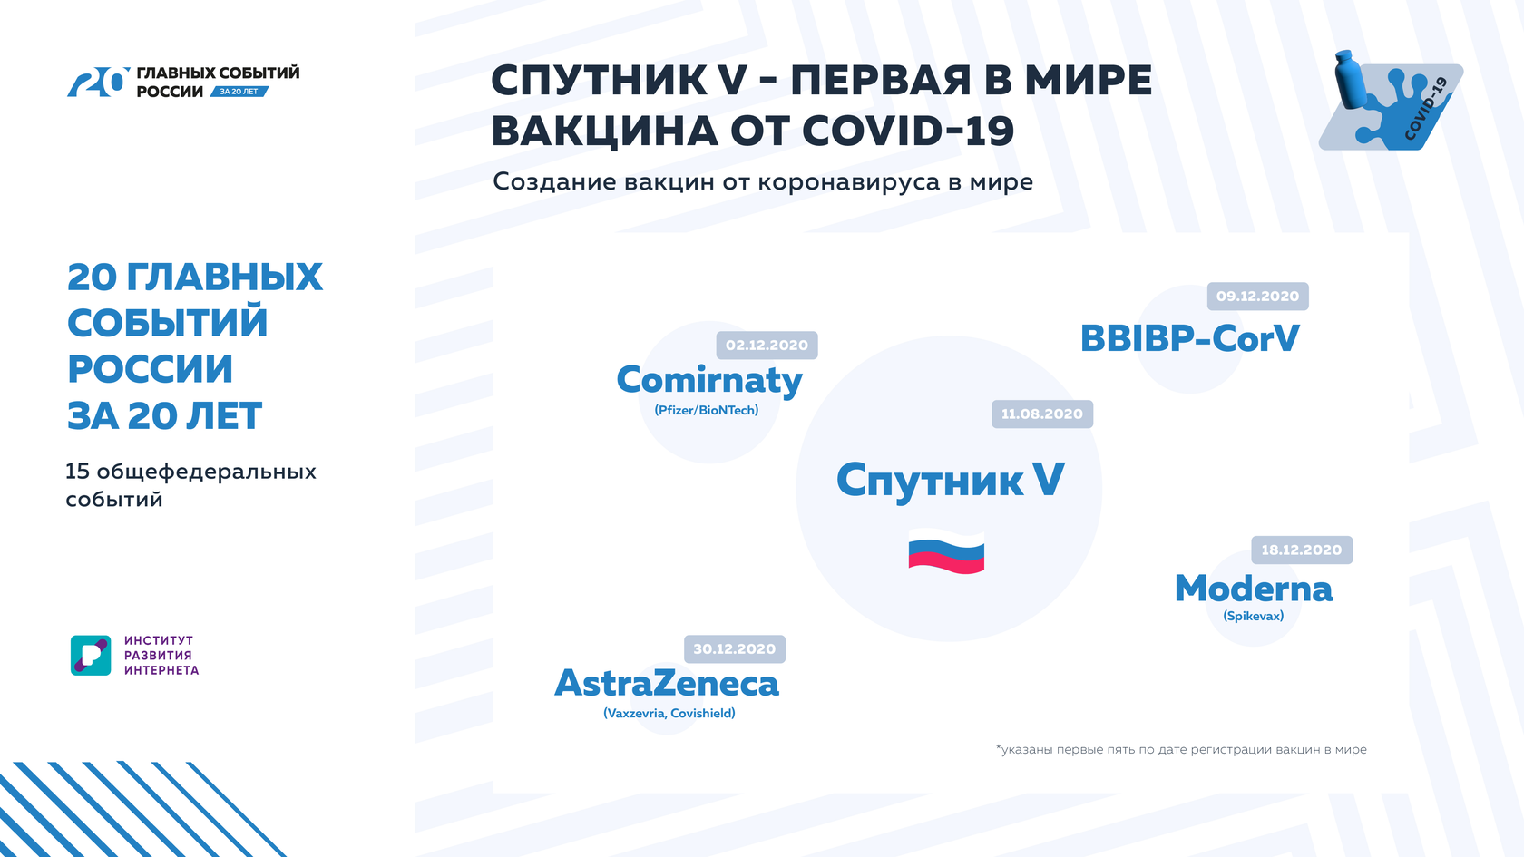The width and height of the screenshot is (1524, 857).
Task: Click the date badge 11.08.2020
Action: coord(1042,414)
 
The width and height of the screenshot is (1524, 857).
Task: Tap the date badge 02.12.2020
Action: coord(767,345)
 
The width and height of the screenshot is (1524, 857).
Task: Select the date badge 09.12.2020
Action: coord(1258,297)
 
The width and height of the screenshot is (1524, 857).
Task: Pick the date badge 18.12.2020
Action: coord(1303,550)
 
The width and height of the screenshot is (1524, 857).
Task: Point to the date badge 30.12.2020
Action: coord(735,649)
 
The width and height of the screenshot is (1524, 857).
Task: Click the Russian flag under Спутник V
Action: coord(946,551)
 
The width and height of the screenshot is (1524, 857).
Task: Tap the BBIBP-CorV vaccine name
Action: coord(1190,338)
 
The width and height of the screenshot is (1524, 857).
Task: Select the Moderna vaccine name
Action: coord(1254,589)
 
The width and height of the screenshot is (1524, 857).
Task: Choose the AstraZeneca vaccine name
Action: coord(667,684)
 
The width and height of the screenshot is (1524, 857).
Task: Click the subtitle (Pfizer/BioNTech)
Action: coord(706,410)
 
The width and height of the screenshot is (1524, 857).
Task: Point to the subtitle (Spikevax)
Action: coord(1254,617)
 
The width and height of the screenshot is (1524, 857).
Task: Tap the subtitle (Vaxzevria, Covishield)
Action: coord(669,714)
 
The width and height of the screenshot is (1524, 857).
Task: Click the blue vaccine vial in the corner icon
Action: coord(1350,78)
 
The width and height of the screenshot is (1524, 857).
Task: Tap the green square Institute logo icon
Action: coord(91,656)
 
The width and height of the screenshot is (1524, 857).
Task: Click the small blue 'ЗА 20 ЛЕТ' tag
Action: coord(239,91)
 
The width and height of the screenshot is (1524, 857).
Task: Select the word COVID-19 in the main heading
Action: coord(908,131)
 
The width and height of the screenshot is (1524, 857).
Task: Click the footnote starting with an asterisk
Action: coord(1181,749)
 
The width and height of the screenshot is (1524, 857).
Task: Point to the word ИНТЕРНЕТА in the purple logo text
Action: coord(161,671)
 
